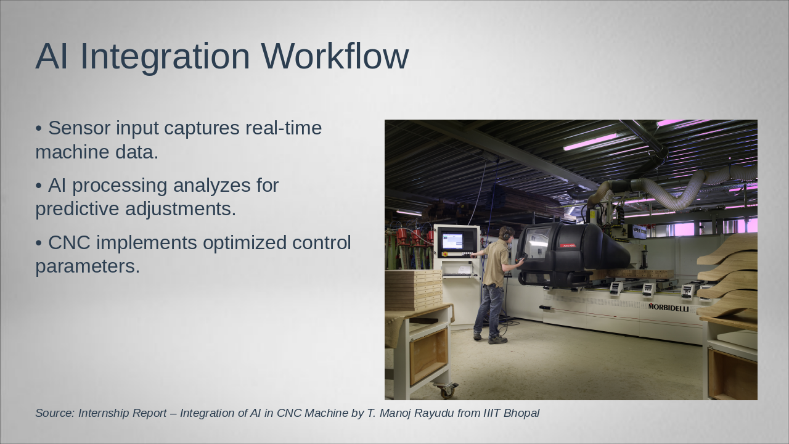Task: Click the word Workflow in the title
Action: (x=335, y=56)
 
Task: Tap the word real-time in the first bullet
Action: (x=284, y=128)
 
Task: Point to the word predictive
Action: (x=77, y=209)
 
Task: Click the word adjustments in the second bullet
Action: (x=181, y=209)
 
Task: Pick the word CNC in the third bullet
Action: (x=69, y=243)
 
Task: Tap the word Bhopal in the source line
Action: (x=521, y=413)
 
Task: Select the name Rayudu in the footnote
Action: (x=434, y=413)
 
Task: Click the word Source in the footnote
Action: (x=55, y=413)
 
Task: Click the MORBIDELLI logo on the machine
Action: (x=668, y=308)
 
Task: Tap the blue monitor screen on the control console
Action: (x=452, y=240)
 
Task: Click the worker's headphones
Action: (x=507, y=233)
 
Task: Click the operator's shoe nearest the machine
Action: (x=497, y=340)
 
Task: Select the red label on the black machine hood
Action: (x=568, y=245)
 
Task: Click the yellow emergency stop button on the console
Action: (x=445, y=253)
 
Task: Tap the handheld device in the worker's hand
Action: (x=521, y=257)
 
